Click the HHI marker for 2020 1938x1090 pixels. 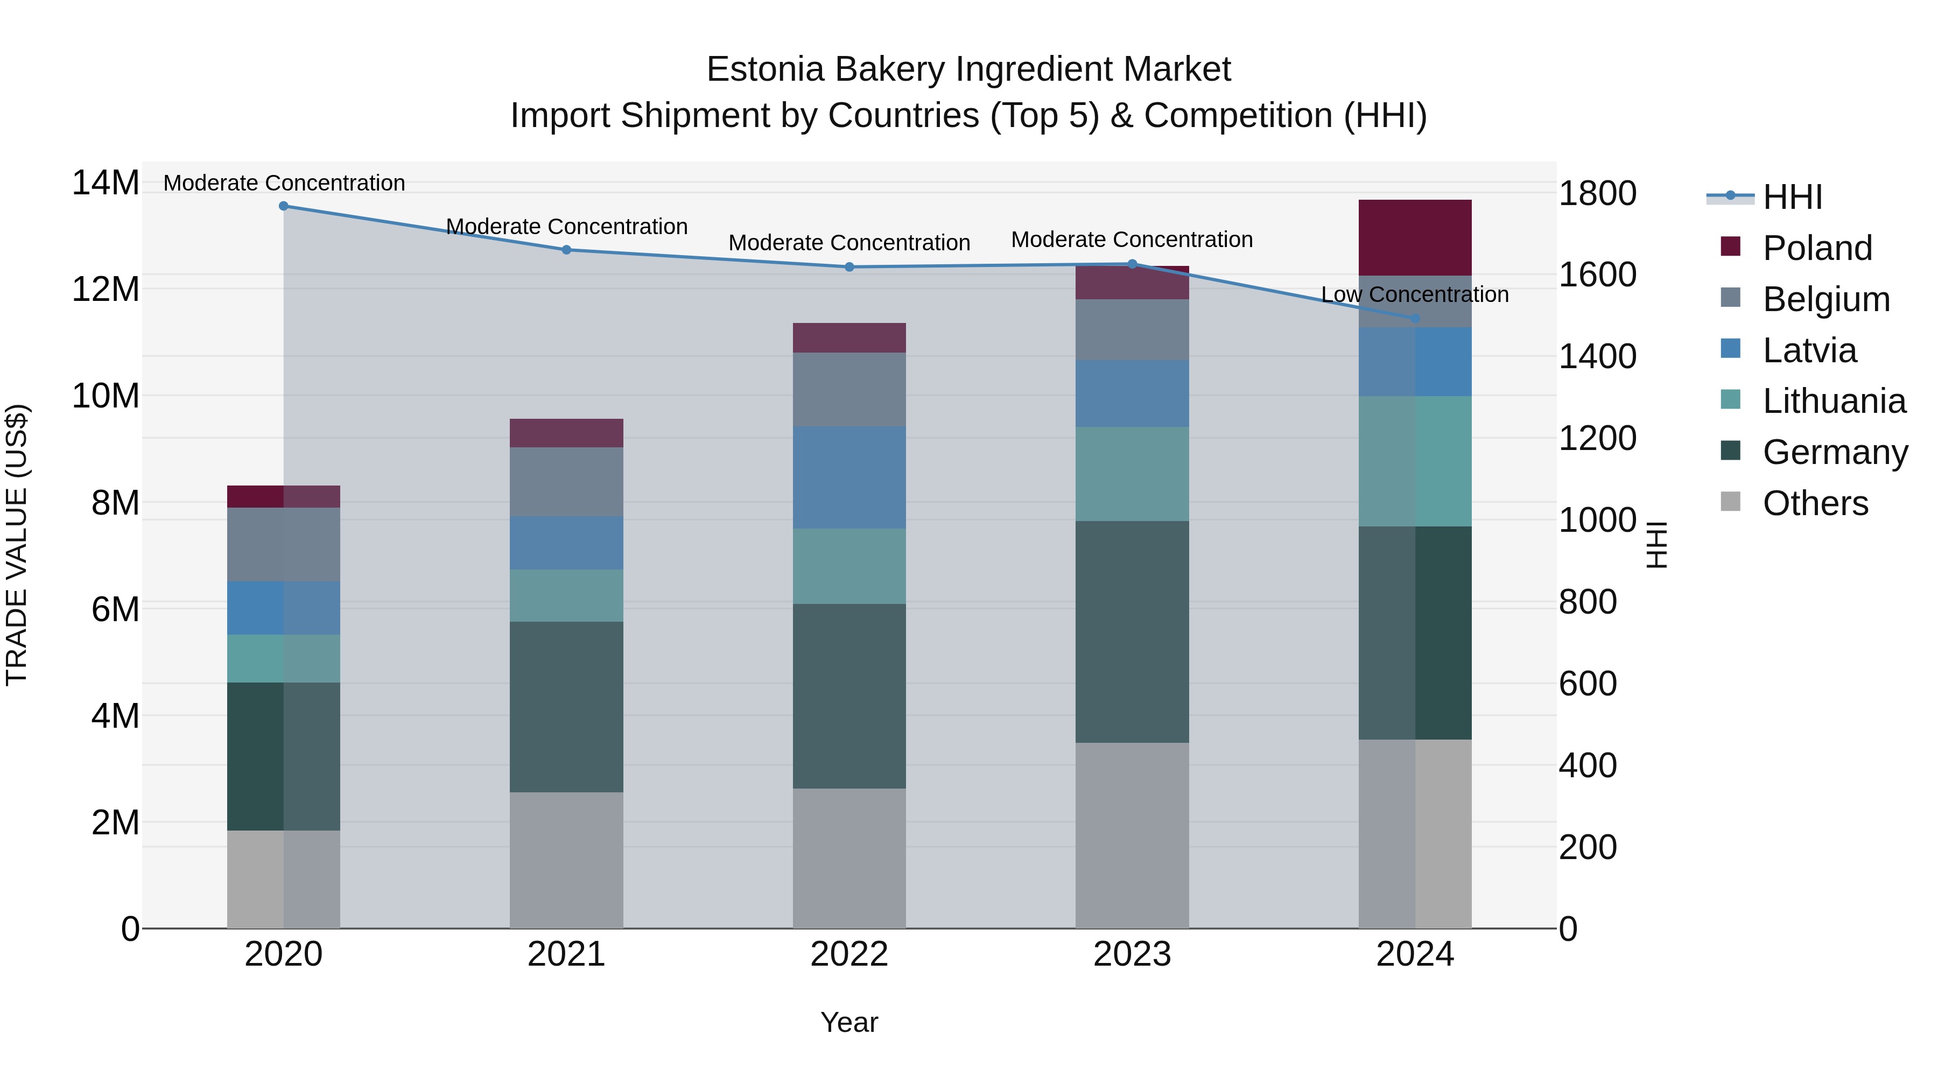(284, 206)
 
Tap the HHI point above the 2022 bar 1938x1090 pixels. (849, 267)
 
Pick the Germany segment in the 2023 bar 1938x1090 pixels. (1132, 632)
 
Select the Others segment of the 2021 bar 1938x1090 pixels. (566, 860)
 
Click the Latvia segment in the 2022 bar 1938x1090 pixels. (849, 477)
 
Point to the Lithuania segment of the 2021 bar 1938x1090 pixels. (566, 595)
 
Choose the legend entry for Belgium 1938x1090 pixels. (1826, 299)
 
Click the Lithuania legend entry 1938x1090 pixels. (1834, 401)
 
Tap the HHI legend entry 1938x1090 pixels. (1792, 197)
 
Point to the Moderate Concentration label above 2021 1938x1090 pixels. (566, 227)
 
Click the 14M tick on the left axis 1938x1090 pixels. (106, 183)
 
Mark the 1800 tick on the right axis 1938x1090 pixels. (1597, 193)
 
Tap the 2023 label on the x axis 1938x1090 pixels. (1132, 954)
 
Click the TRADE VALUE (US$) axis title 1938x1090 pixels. (17, 545)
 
